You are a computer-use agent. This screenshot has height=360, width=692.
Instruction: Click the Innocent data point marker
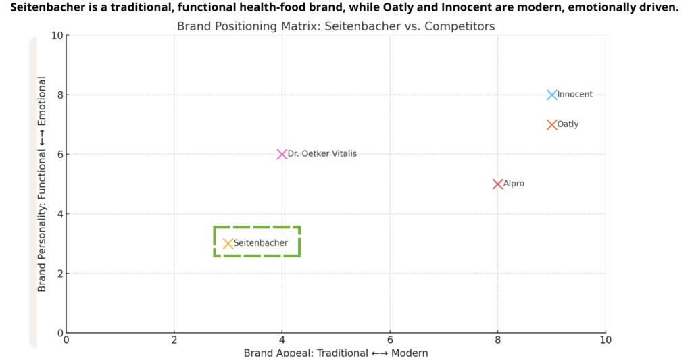coord(552,95)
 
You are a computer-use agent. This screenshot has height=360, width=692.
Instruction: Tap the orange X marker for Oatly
coord(552,124)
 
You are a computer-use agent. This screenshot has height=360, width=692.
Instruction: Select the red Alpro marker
coord(498,184)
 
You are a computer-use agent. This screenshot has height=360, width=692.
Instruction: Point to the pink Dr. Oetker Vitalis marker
coord(282,154)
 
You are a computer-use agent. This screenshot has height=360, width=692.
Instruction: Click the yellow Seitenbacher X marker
coord(228,243)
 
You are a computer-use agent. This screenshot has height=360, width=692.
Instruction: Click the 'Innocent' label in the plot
coord(575,95)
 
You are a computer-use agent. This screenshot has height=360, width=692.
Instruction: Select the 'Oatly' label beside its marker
coord(568,124)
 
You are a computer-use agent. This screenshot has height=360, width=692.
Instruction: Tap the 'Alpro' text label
coord(514,184)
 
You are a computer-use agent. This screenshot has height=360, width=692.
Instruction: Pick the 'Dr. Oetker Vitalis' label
coord(322,154)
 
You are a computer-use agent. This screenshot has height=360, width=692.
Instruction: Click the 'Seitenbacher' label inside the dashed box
coord(261,243)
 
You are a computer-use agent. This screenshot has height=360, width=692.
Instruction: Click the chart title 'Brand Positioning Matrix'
coord(336,26)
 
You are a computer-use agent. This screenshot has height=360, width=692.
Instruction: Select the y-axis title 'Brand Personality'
coord(42,184)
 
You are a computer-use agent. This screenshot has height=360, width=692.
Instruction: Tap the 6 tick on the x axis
coord(390,339)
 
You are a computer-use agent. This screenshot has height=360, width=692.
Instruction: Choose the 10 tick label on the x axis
coord(605,339)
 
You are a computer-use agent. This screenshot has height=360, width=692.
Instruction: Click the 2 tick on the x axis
coord(174,339)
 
